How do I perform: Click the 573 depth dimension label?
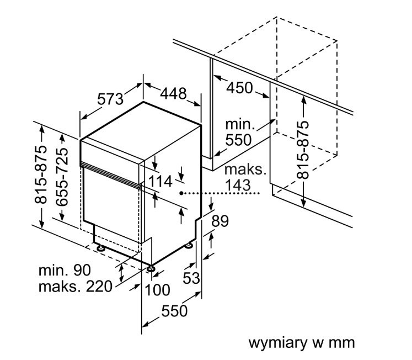pyautogui.click(x=110, y=99)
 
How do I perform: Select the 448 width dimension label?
pyautogui.click(x=173, y=93)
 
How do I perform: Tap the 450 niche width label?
pyautogui.click(x=239, y=88)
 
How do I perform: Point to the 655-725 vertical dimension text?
pyautogui.click(x=62, y=177)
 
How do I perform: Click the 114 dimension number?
pyautogui.click(x=160, y=182)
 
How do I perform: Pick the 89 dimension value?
pyautogui.click(x=220, y=221)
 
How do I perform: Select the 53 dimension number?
pyautogui.click(x=191, y=278)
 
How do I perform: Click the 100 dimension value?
pyautogui.click(x=157, y=290)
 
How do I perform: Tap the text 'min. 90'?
pyautogui.click(x=65, y=270)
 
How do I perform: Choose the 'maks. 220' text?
pyautogui.click(x=76, y=287)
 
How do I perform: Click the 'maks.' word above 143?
pyautogui.click(x=245, y=170)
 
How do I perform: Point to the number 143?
pyautogui.click(x=238, y=185)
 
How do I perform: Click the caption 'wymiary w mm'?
pyautogui.click(x=301, y=343)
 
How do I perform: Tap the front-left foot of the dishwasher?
pyautogui.click(x=100, y=247)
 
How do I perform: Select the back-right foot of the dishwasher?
pyautogui.click(x=189, y=245)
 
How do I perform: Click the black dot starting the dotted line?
pyautogui.click(x=181, y=193)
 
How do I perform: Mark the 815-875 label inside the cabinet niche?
pyautogui.click(x=303, y=150)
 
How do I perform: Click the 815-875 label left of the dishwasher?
pyautogui.click(x=41, y=174)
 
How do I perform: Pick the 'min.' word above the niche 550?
pyautogui.click(x=240, y=124)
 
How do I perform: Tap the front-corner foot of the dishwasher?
pyautogui.click(x=151, y=268)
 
